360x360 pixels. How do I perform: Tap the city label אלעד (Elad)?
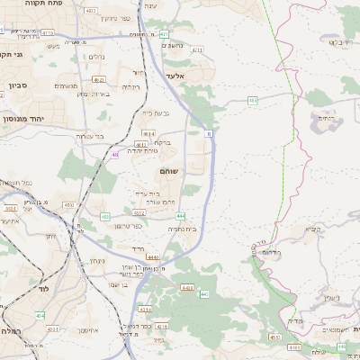tap(175, 76)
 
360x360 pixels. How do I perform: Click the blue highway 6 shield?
tap(209, 132)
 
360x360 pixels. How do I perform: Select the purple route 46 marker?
tap(115, 154)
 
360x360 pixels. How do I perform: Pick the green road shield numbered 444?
tap(181, 216)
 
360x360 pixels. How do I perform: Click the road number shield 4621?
tap(140, 213)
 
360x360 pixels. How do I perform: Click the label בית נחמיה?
tap(182, 229)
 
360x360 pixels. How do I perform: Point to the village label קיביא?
tap(312, 229)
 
